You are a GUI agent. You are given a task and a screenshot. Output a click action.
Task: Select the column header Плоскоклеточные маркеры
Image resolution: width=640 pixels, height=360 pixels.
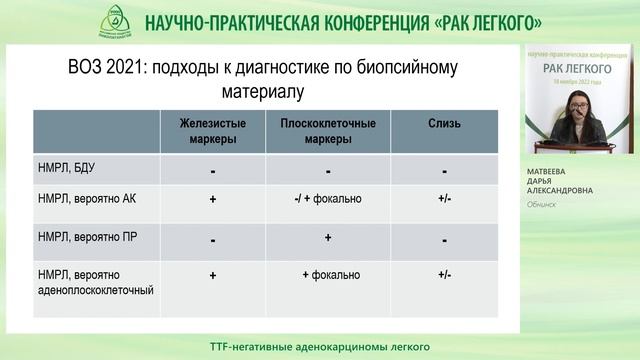point(327,131)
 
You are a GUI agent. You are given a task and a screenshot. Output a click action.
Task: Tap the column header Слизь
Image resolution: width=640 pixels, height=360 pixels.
point(444,124)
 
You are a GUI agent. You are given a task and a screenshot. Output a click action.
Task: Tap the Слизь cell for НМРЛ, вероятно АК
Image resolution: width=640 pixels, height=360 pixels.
point(444,199)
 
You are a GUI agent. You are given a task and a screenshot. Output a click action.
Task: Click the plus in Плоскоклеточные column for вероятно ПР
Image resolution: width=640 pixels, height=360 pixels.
point(327,238)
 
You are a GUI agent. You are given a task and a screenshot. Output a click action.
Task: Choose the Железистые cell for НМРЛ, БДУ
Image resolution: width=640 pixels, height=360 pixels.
point(213,171)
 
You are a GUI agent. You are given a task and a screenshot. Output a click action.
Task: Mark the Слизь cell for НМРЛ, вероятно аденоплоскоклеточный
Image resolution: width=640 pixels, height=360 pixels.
point(444,273)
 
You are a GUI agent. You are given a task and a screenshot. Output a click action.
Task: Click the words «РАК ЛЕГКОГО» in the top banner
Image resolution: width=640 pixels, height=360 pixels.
point(472,21)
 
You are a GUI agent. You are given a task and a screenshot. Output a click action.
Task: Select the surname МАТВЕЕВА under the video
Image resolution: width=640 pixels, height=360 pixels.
point(562,170)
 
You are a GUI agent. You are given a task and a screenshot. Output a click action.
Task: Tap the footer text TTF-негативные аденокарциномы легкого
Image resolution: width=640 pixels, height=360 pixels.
point(320,347)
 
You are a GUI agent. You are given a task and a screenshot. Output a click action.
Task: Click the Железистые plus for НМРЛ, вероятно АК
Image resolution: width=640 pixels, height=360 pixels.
point(213,199)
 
